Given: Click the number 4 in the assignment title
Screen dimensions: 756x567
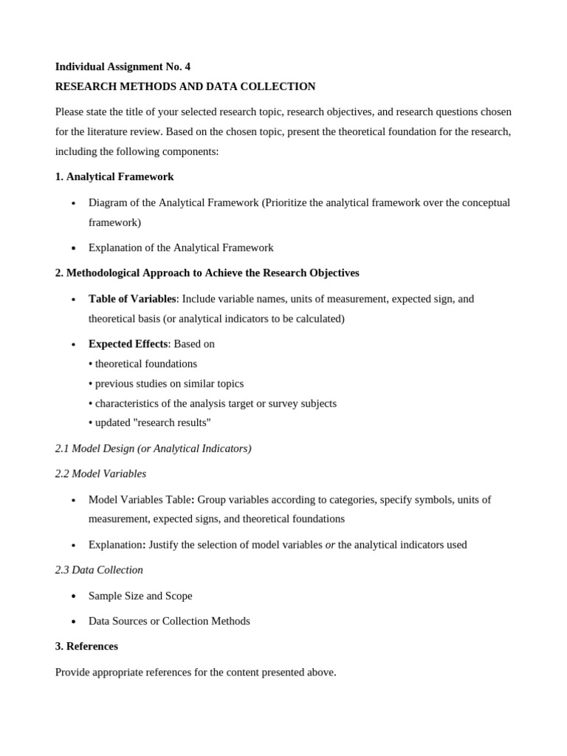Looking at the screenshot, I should point(188,66).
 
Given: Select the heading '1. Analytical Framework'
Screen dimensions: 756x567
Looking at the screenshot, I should point(114,176).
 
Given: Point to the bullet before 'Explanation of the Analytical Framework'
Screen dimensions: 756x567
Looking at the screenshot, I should point(74,249).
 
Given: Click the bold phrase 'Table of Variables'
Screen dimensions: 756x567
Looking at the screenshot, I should point(132,299).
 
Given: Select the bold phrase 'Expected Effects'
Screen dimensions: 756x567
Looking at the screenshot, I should point(128,344).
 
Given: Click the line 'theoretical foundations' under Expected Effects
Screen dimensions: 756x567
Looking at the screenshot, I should point(145,364).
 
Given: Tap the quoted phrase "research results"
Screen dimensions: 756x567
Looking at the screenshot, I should point(176,423).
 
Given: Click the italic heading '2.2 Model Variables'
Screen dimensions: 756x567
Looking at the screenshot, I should point(100,474).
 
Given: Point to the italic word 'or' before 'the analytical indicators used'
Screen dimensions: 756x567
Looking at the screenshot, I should point(330,545).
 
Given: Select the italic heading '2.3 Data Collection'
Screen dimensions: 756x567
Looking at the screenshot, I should point(99,570).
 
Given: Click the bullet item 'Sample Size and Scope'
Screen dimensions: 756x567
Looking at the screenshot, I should point(140,596).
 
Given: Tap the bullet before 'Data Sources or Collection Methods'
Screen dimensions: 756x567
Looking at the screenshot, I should point(74,622).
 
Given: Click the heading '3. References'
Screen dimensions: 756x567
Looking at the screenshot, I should point(86,647).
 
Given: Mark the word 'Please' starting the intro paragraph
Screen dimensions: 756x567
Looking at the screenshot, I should point(71,111).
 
